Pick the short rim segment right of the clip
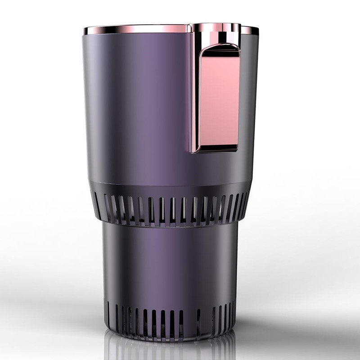coord(250,30)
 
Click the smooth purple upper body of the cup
coord(135,103)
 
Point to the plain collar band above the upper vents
coord(171,187)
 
